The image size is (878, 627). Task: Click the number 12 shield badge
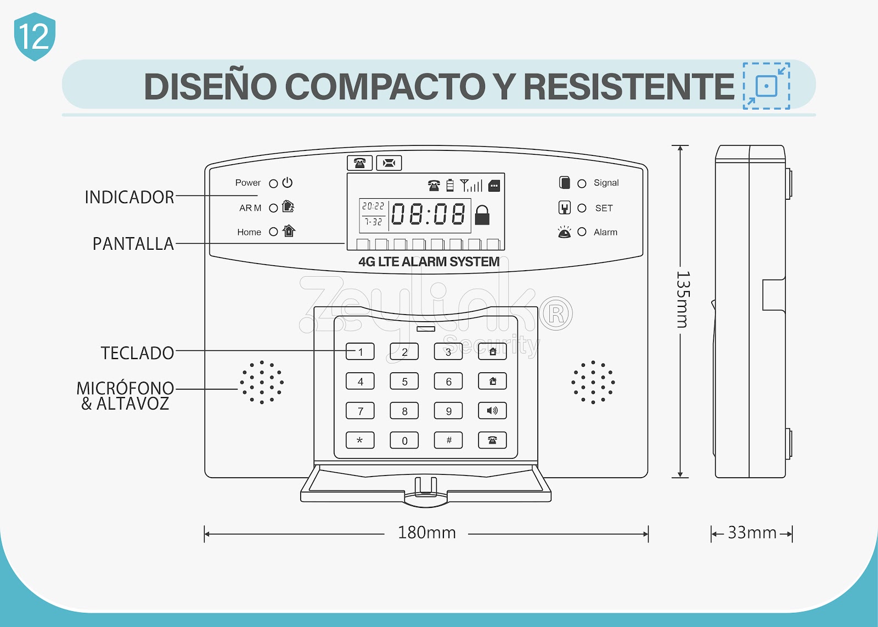[35, 36]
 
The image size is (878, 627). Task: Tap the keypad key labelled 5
[404, 381]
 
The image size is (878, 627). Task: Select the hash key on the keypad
[448, 440]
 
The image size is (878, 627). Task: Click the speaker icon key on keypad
[492, 411]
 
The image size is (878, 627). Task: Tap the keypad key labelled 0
[404, 440]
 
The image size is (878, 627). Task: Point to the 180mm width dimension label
[427, 533]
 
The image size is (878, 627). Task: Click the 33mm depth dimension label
[752, 533]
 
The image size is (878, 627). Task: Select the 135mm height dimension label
[683, 299]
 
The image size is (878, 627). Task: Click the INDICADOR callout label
[130, 197]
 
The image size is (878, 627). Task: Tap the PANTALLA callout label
[133, 244]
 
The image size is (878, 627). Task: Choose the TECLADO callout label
[138, 353]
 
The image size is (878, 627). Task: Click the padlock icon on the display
[482, 215]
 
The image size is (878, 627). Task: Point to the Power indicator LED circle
[273, 183]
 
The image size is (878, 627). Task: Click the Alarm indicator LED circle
[582, 232]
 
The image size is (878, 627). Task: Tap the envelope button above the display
[389, 163]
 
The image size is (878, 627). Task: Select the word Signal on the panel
[606, 183]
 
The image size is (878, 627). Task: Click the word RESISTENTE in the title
[629, 86]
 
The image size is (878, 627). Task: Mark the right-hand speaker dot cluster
[593, 382]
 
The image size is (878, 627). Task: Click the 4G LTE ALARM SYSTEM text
[429, 261]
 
